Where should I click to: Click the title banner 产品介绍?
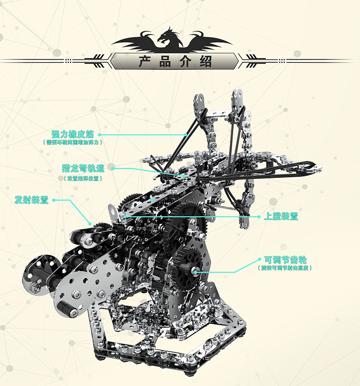pyautogui.click(x=175, y=61)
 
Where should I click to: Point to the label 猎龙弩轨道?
pyautogui.click(x=83, y=169)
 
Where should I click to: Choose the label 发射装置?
pyautogui.click(x=32, y=199)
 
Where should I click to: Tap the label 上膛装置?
pyautogui.click(x=281, y=216)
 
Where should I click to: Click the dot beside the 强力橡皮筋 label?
pyautogui.click(x=100, y=134)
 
